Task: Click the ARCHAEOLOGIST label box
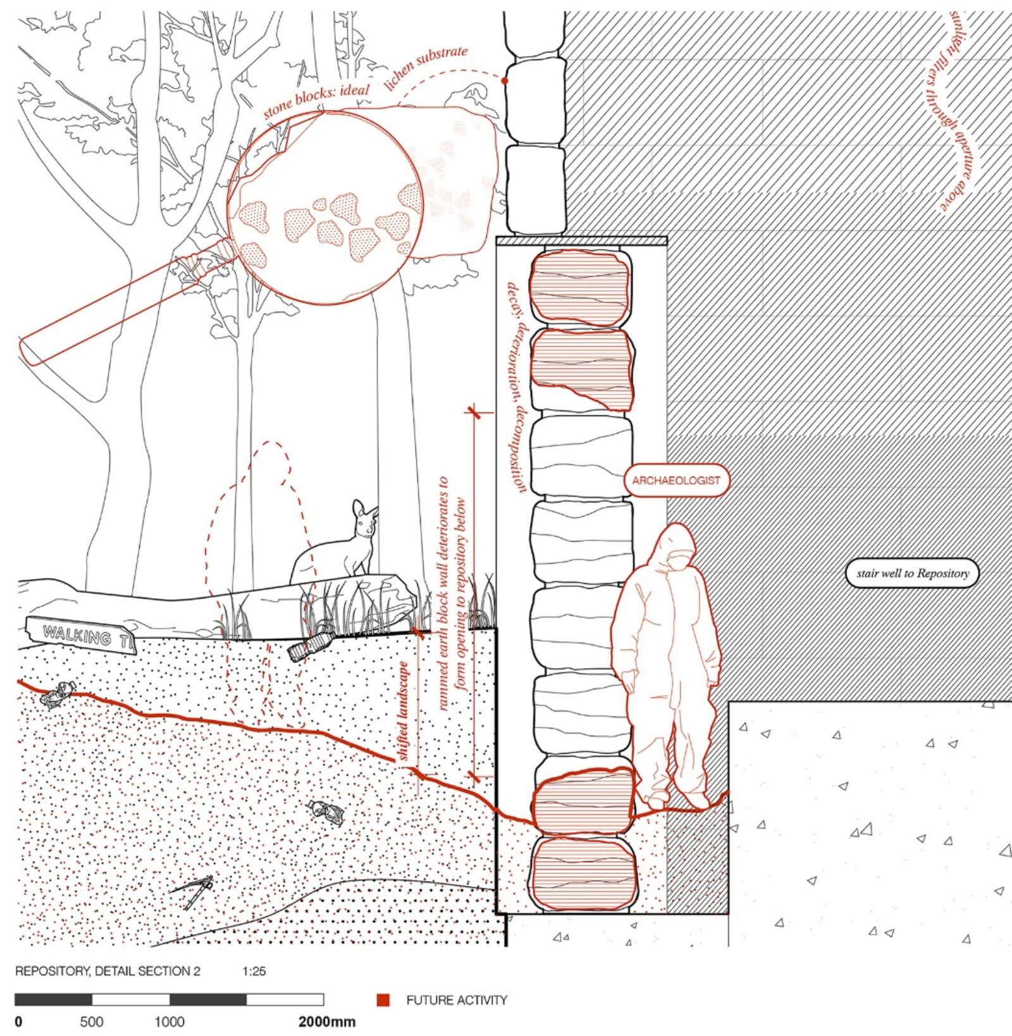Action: click(676, 480)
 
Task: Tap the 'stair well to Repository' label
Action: click(912, 574)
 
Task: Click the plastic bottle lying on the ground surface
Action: click(309, 646)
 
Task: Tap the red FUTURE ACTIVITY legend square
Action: click(383, 1000)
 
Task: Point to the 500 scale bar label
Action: click(92, 1022)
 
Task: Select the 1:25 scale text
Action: click(254, 971)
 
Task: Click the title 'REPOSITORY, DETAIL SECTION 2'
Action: click(108, 971)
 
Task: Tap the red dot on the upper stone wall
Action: click(505, 81)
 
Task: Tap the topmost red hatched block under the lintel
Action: click(580, 288)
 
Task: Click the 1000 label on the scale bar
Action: click(170, 1022)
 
